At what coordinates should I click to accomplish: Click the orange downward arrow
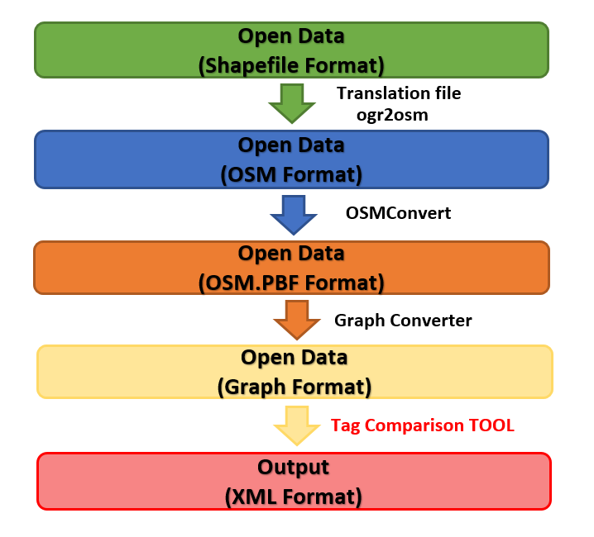pos(295,319)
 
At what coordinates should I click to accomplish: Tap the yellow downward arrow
pos(297,425)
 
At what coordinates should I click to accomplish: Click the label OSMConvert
pos(398,213)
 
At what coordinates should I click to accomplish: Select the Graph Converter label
pos(403,320)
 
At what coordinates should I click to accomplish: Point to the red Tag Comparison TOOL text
pos(423,425)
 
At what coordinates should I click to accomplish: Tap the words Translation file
pos(399,93)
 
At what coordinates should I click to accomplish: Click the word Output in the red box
pos(293,468)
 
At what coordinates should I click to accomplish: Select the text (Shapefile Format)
pos(292,65)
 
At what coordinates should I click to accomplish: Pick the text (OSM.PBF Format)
pos(292,283)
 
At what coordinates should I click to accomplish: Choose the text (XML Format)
pos(293,497)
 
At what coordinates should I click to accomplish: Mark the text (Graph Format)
pos(294,386)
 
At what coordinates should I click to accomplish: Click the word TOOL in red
pos(492,425)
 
